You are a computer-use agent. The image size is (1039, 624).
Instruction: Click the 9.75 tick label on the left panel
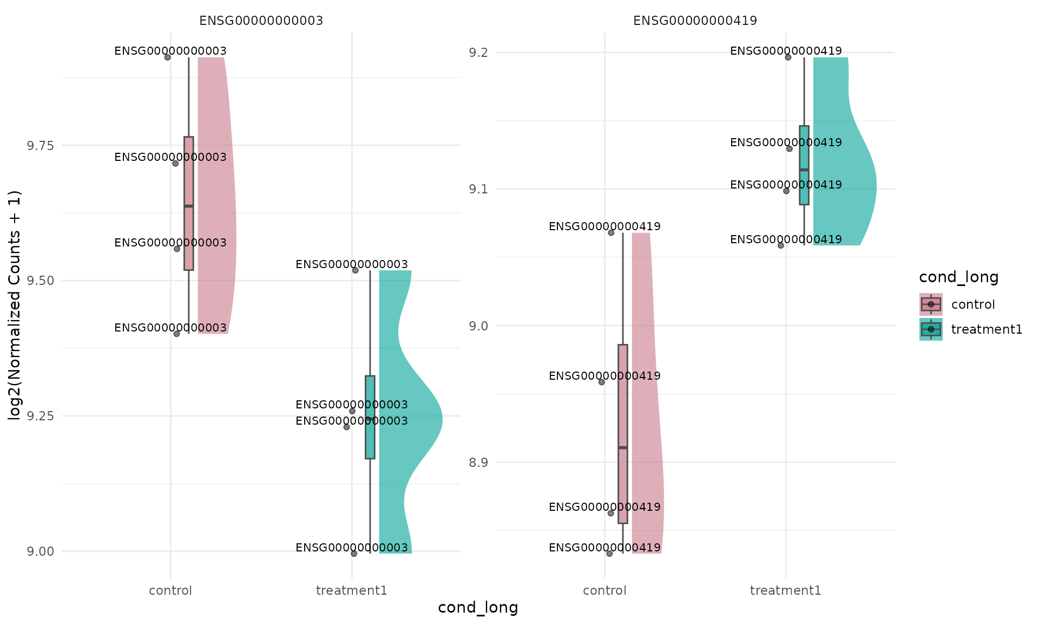pos(40,146)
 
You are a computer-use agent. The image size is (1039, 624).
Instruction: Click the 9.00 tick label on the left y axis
pos(40,551)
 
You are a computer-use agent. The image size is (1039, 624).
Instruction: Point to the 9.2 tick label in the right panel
pos(478,53)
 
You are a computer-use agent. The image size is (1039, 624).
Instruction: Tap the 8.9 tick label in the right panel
pos(478,463)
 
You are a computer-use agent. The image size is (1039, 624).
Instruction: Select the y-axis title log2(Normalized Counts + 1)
pos(15,305)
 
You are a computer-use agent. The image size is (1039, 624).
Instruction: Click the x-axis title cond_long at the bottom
pos(478,608)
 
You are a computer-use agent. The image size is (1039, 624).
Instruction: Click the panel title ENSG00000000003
pos(261,21)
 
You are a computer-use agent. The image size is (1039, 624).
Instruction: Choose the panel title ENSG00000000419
pos(695,21)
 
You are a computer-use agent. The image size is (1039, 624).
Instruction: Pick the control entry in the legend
pos(972,304)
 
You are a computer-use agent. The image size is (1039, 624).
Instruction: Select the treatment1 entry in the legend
pos(986,329)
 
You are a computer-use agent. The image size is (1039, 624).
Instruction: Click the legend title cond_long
pos(958,277)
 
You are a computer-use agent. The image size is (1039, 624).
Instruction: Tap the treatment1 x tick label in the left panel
pos(352,590)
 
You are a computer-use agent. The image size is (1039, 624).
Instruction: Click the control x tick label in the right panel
pos(604,590)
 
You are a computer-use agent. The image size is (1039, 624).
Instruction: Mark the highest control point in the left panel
pos(168,57)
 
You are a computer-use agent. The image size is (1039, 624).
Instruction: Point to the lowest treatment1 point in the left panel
pos(354,554)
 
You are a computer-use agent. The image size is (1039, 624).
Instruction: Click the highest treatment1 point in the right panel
pos(788,57)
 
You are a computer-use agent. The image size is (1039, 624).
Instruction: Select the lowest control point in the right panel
pos(609,554)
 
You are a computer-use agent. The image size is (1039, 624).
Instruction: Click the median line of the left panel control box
pos(188,206)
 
